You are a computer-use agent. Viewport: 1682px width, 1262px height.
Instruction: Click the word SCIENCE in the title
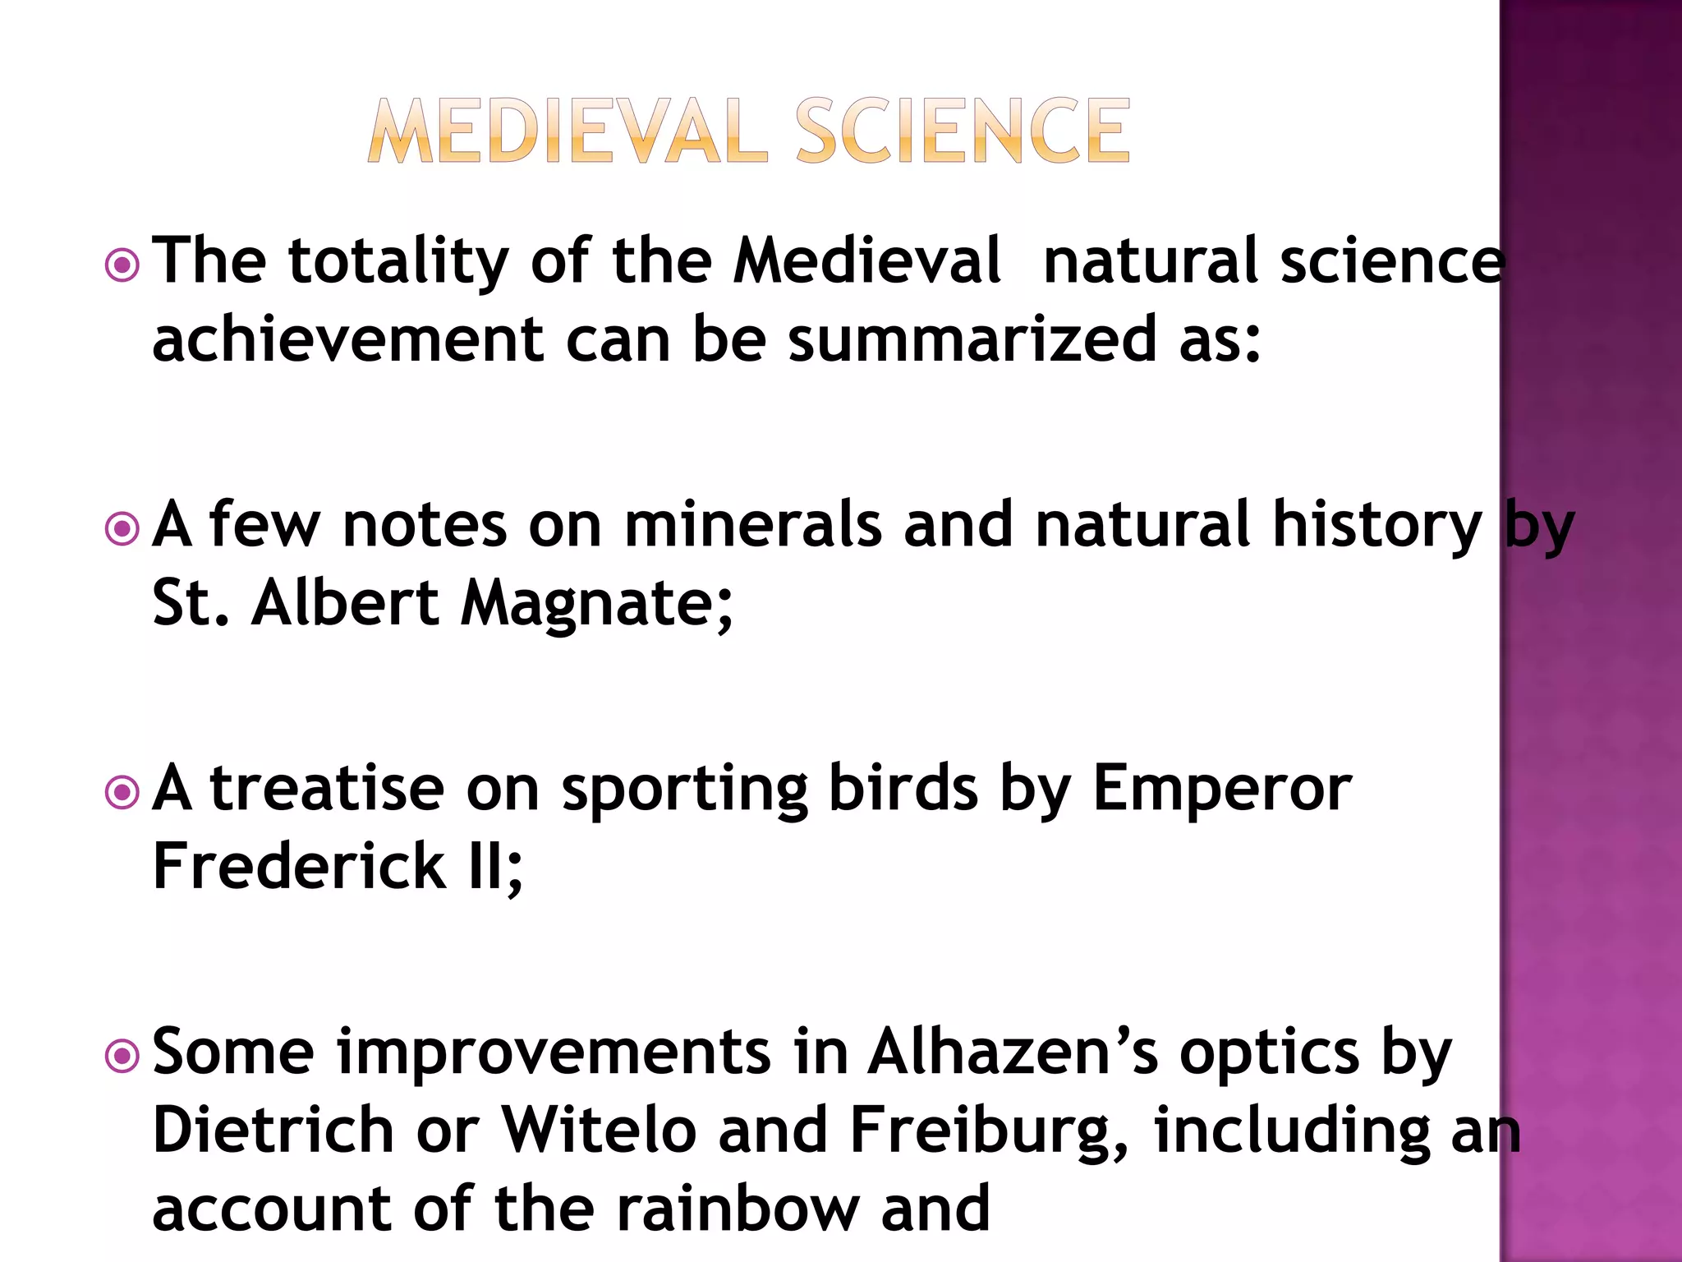pos(963,131)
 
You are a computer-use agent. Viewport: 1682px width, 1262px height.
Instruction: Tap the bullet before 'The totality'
pos(122,265)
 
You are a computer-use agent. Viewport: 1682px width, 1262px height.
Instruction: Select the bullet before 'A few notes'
pos(122,529)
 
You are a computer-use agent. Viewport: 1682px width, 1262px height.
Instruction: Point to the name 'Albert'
pos(345,603)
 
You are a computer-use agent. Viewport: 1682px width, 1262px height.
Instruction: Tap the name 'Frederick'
pos(299,866)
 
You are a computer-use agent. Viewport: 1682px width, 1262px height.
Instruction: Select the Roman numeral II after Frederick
pos(489,866)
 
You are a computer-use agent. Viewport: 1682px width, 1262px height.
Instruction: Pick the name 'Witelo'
pos(599,1131)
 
